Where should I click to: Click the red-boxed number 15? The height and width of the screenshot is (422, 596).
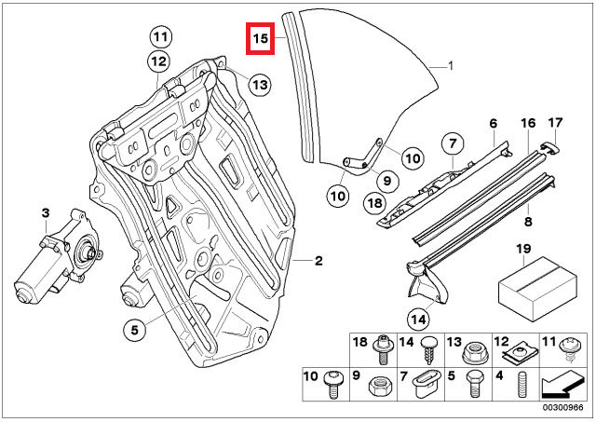(261, 38)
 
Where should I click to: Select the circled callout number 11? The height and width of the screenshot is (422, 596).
(160, 37)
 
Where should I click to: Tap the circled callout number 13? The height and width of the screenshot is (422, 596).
(261, 85)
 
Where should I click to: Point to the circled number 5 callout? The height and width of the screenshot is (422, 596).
(135, 330)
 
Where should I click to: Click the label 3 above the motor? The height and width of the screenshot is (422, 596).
(46, 213)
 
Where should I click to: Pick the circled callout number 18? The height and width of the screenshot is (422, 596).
(374, 203)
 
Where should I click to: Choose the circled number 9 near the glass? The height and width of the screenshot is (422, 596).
(387, 180)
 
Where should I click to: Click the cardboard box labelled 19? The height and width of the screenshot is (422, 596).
(537, 288)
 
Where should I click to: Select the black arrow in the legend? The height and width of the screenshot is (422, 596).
(563, 385)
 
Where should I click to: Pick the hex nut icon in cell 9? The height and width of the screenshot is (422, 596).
(381, 387)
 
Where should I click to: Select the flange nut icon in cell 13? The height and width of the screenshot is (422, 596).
(475, 352)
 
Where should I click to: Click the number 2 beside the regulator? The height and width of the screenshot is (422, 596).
(318, 261)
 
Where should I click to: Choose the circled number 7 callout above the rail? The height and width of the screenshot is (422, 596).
(453, 143)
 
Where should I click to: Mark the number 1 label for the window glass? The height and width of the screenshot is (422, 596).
(451, 66)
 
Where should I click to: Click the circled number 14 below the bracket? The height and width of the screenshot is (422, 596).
(418, 319)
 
